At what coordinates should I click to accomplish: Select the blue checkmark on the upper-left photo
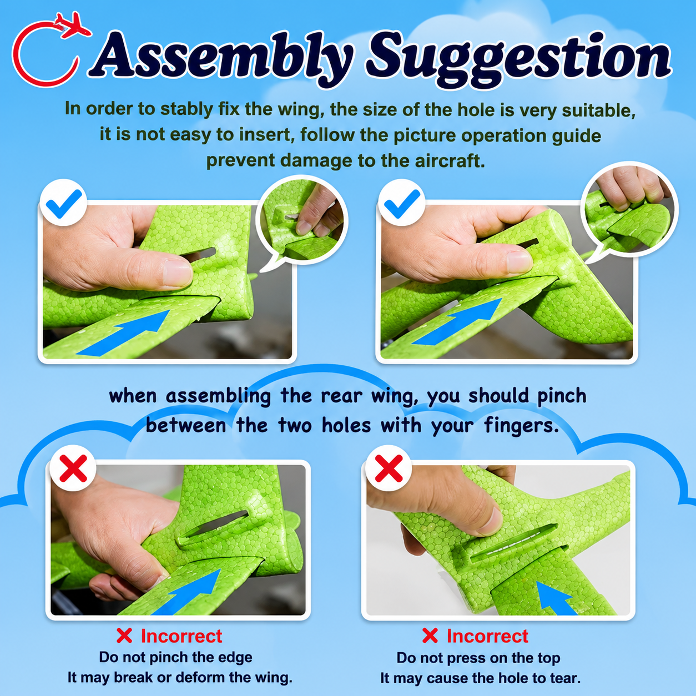pos(64,203)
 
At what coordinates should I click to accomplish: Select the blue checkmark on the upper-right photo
pos(401,203)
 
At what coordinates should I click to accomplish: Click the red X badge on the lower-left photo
pos(73,468)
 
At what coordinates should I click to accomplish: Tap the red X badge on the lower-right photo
pos(389,468)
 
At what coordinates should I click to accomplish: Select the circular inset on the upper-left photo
pos(302,220)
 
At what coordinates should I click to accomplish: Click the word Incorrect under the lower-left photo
pos(181,636)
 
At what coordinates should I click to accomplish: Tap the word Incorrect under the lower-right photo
pos(488,636)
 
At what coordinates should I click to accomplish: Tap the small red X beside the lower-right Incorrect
pos(430,636)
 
